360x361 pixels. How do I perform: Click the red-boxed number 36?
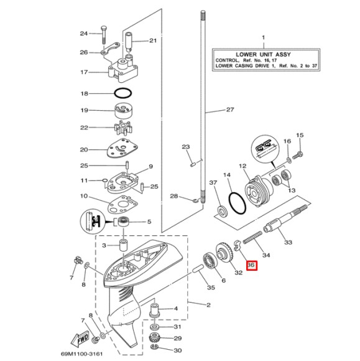[251, 265]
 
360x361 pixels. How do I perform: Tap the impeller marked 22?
[124, 129]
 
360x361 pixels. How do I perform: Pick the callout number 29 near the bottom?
[177, 339]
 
